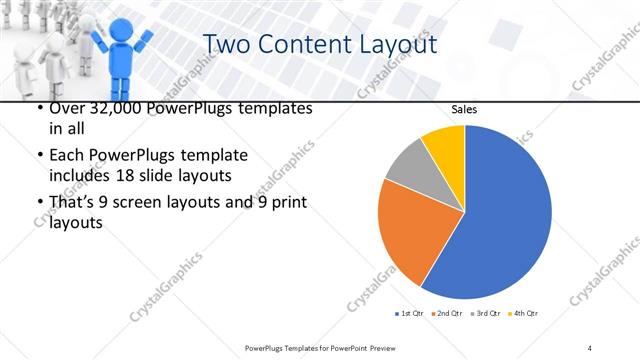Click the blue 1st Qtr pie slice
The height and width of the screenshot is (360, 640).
pyautogui.click(x=500, y=220)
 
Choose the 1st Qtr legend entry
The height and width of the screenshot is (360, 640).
pyautogui.click(x=411, y=314)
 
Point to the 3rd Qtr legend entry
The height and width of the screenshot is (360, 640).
pyautogui.click(x=487, y=314)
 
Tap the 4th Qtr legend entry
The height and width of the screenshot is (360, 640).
pyautogui.click(x=524, y=314)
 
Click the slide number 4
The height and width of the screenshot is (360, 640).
pyautogui.click(x=590, y=347)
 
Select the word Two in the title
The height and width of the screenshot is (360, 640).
pyautogui.click(x=226, y=45)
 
